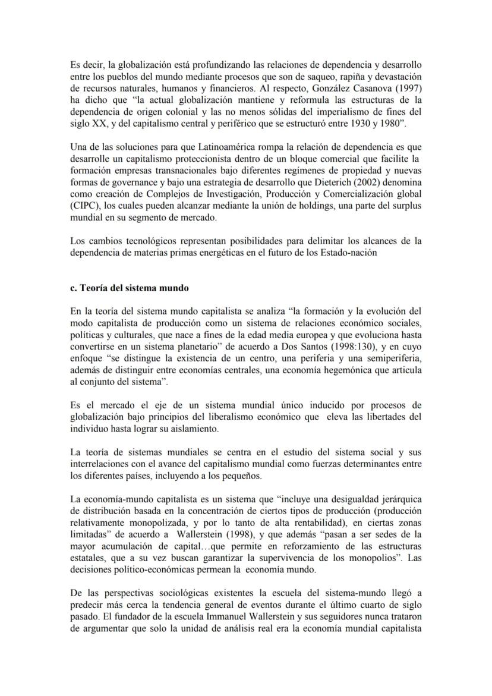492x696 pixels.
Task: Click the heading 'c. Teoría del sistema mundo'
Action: [129, 288]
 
